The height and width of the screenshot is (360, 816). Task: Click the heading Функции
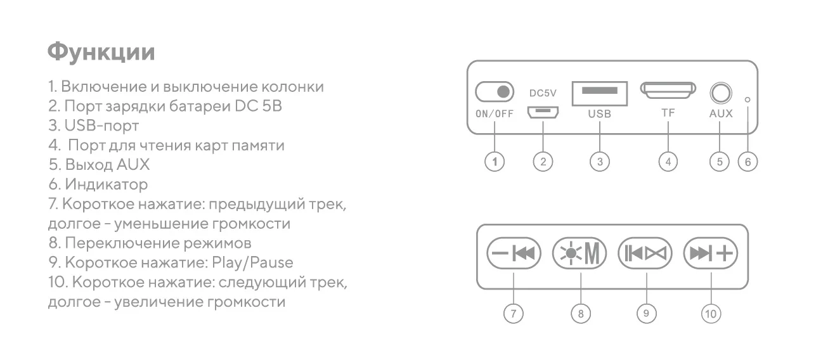101,52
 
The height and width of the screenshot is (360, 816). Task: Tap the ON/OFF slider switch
494,93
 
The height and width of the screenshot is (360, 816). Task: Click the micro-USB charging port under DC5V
543,113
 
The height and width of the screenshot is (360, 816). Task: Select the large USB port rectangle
599,93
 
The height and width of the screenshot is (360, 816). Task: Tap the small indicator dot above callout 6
748,100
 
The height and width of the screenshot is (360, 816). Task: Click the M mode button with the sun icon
580,254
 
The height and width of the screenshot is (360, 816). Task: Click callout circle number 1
495,162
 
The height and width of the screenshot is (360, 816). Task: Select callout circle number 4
668,162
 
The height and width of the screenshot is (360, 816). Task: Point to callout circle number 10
711,313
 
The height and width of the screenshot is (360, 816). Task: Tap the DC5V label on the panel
543,93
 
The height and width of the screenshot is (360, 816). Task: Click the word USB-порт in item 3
102,125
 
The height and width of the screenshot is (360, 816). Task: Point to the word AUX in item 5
133,165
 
